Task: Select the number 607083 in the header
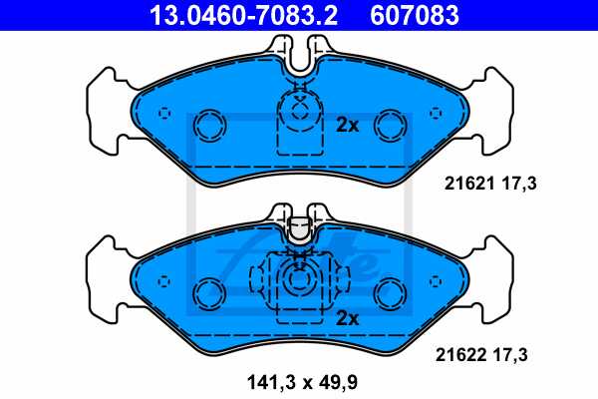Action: coord(416,15)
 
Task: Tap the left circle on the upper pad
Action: coord(210,125)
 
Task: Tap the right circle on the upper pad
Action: coord(389,125)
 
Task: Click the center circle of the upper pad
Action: coord(299,110)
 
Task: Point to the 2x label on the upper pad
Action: coord(347,126)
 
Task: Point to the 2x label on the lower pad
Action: coord(347,319)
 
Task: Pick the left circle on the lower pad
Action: coord(209,293)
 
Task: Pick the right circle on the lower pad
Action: coord(389,293)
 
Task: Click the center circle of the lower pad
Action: coord(299,282)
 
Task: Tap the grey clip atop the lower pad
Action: coord(299,232)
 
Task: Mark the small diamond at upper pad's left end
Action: coord(166,111)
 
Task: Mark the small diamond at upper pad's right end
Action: coord(433,111)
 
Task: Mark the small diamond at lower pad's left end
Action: coord(166,279)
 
